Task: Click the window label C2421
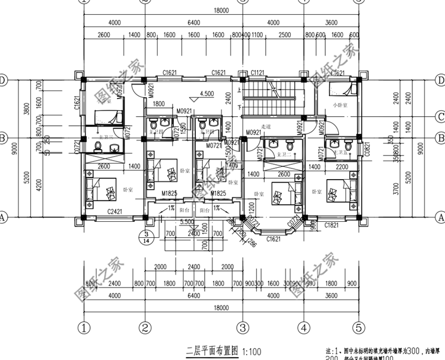[115, 212]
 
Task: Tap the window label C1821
[332, 226]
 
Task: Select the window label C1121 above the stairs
[258, 72]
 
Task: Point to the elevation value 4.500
[207, 94]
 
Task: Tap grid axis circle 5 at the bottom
[358, 327]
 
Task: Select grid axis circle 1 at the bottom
[84, 327]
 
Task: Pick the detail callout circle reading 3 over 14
[144, 238]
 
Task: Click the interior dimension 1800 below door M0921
[159, 104]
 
